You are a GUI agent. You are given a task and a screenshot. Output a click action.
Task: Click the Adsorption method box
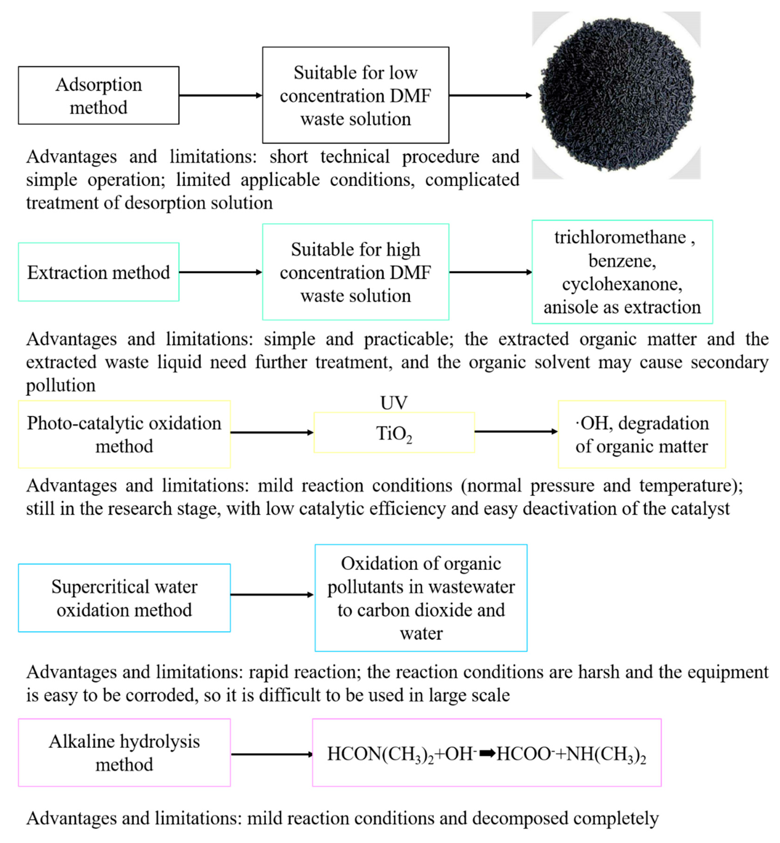[x=98, y=96]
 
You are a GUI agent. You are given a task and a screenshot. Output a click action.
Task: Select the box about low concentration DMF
[x=355, y=96]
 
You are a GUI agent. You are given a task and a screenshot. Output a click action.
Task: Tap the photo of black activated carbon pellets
[x=616, y=96]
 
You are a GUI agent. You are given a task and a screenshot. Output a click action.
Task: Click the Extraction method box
[x=98, y=272]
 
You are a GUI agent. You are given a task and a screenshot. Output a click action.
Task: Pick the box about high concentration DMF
[x=355, y=272]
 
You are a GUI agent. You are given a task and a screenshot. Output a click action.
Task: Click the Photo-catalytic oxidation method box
[x=124, y=434]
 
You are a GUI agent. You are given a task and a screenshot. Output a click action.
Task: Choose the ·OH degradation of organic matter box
[x=641, y=434]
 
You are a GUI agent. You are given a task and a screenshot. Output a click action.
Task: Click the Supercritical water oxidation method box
[x=124, y=598]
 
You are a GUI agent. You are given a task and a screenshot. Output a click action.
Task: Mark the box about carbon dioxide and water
[x=421, y=598]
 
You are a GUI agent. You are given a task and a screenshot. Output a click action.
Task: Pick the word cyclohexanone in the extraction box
[x=622, y=284]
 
